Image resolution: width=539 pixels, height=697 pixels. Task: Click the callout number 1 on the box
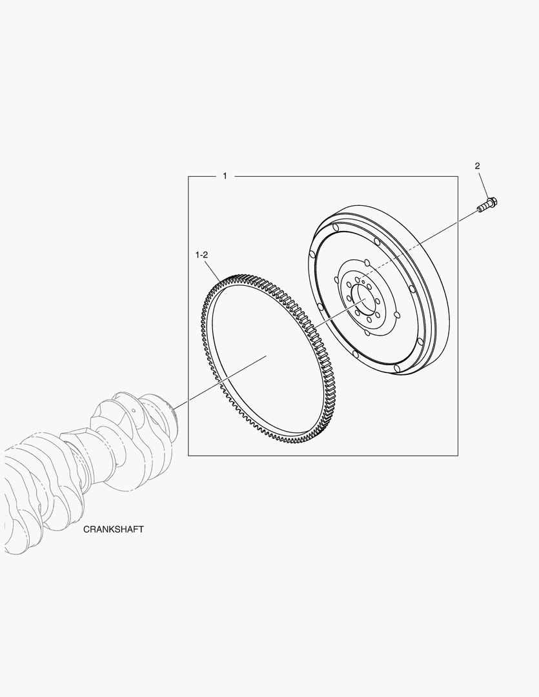[225, 176]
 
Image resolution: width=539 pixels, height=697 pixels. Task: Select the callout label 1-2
[201, 255]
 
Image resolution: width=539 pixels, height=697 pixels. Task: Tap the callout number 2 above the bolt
[477, 166]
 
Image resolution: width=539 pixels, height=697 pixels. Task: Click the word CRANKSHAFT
[114, 529]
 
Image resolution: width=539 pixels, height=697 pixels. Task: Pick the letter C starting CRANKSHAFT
[86, 529]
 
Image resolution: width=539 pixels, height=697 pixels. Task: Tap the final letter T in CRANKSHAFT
[141, 529]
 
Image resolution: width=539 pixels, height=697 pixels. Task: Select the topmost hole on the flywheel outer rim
[336, 228]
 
